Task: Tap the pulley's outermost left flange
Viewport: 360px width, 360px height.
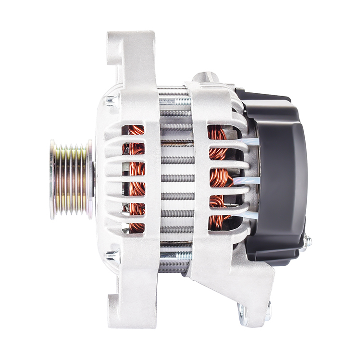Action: click(x=52, y=179)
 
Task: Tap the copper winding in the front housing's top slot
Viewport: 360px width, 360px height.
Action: click(x=136, y=130)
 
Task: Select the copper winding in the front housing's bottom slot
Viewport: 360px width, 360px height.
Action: click(x=137, y=226)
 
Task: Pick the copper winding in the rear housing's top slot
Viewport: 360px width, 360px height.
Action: click(x=217, y=133)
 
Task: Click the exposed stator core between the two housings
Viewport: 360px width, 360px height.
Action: click(x=176, y=178)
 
